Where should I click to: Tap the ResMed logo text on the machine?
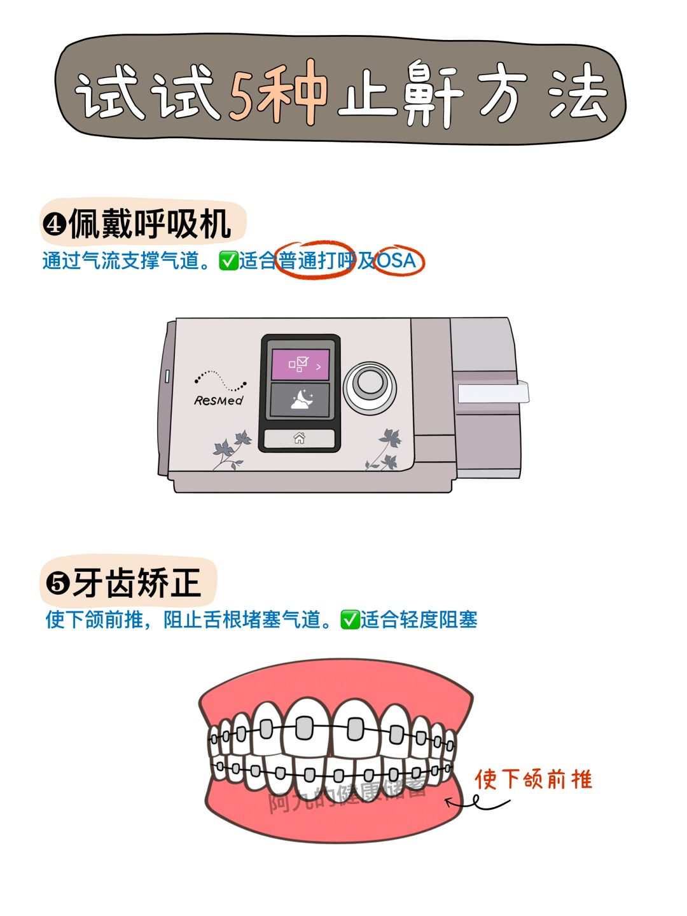tap(218, 400)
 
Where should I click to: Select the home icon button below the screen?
tap(299, 438)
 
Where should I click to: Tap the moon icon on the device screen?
tap(302, 399)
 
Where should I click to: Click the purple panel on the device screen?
tap(300, 364)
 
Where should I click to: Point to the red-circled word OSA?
tap(397, 260)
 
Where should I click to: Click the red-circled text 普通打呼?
tap(316, 260)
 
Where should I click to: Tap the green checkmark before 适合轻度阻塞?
tap(350, 620)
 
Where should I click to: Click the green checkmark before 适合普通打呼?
tap(228, 261)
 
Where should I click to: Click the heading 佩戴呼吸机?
tap(149, 224)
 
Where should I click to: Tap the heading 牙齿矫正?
tap(137, 583)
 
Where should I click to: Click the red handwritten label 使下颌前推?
tap(534, 779)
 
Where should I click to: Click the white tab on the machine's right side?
tap(493, 392)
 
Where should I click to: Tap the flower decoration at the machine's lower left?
tap(232, 450)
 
